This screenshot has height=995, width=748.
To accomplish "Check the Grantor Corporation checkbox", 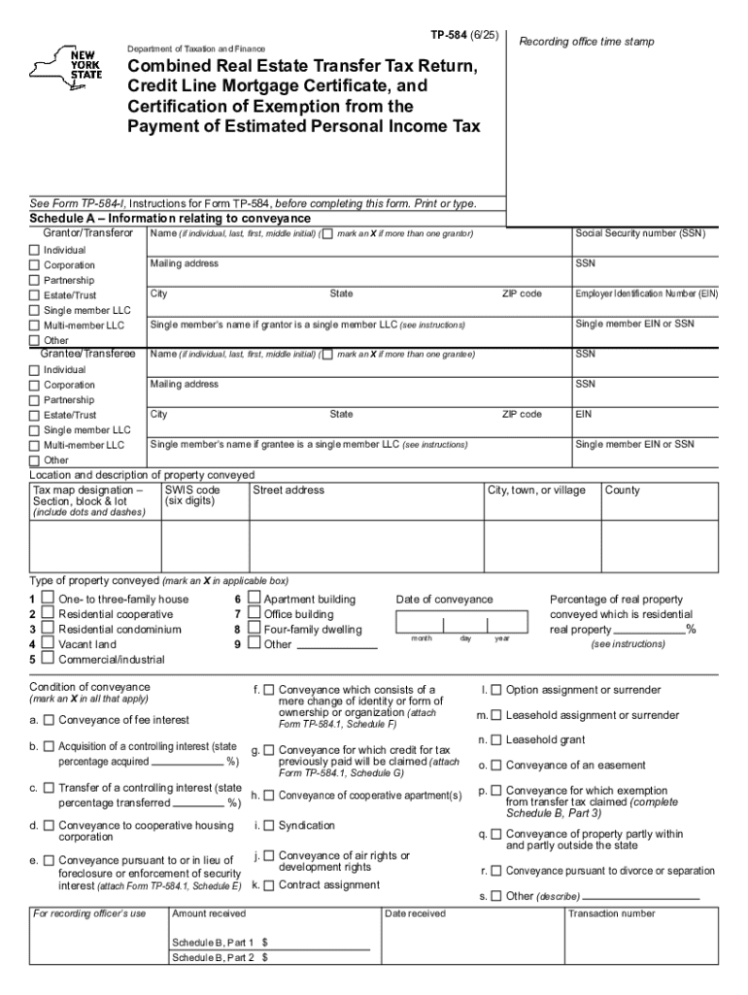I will [x=34, y=265].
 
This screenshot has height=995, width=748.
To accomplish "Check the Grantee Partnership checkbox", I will [x=34, y=400].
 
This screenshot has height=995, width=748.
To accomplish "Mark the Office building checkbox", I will [x=255, y=614].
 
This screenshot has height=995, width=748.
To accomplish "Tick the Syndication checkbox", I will [x=269, y=826].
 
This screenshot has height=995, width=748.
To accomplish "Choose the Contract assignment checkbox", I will [x=269, y=885].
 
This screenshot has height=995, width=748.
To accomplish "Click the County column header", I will [x=623, y=491].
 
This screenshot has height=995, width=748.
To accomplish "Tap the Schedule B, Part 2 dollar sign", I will [x=264, y=957].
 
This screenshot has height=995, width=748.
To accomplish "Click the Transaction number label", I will [x=611, y=913].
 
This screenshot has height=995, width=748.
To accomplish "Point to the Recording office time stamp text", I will [x=587, y=42].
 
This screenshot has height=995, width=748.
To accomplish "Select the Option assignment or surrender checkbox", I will [x=496, y=691].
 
